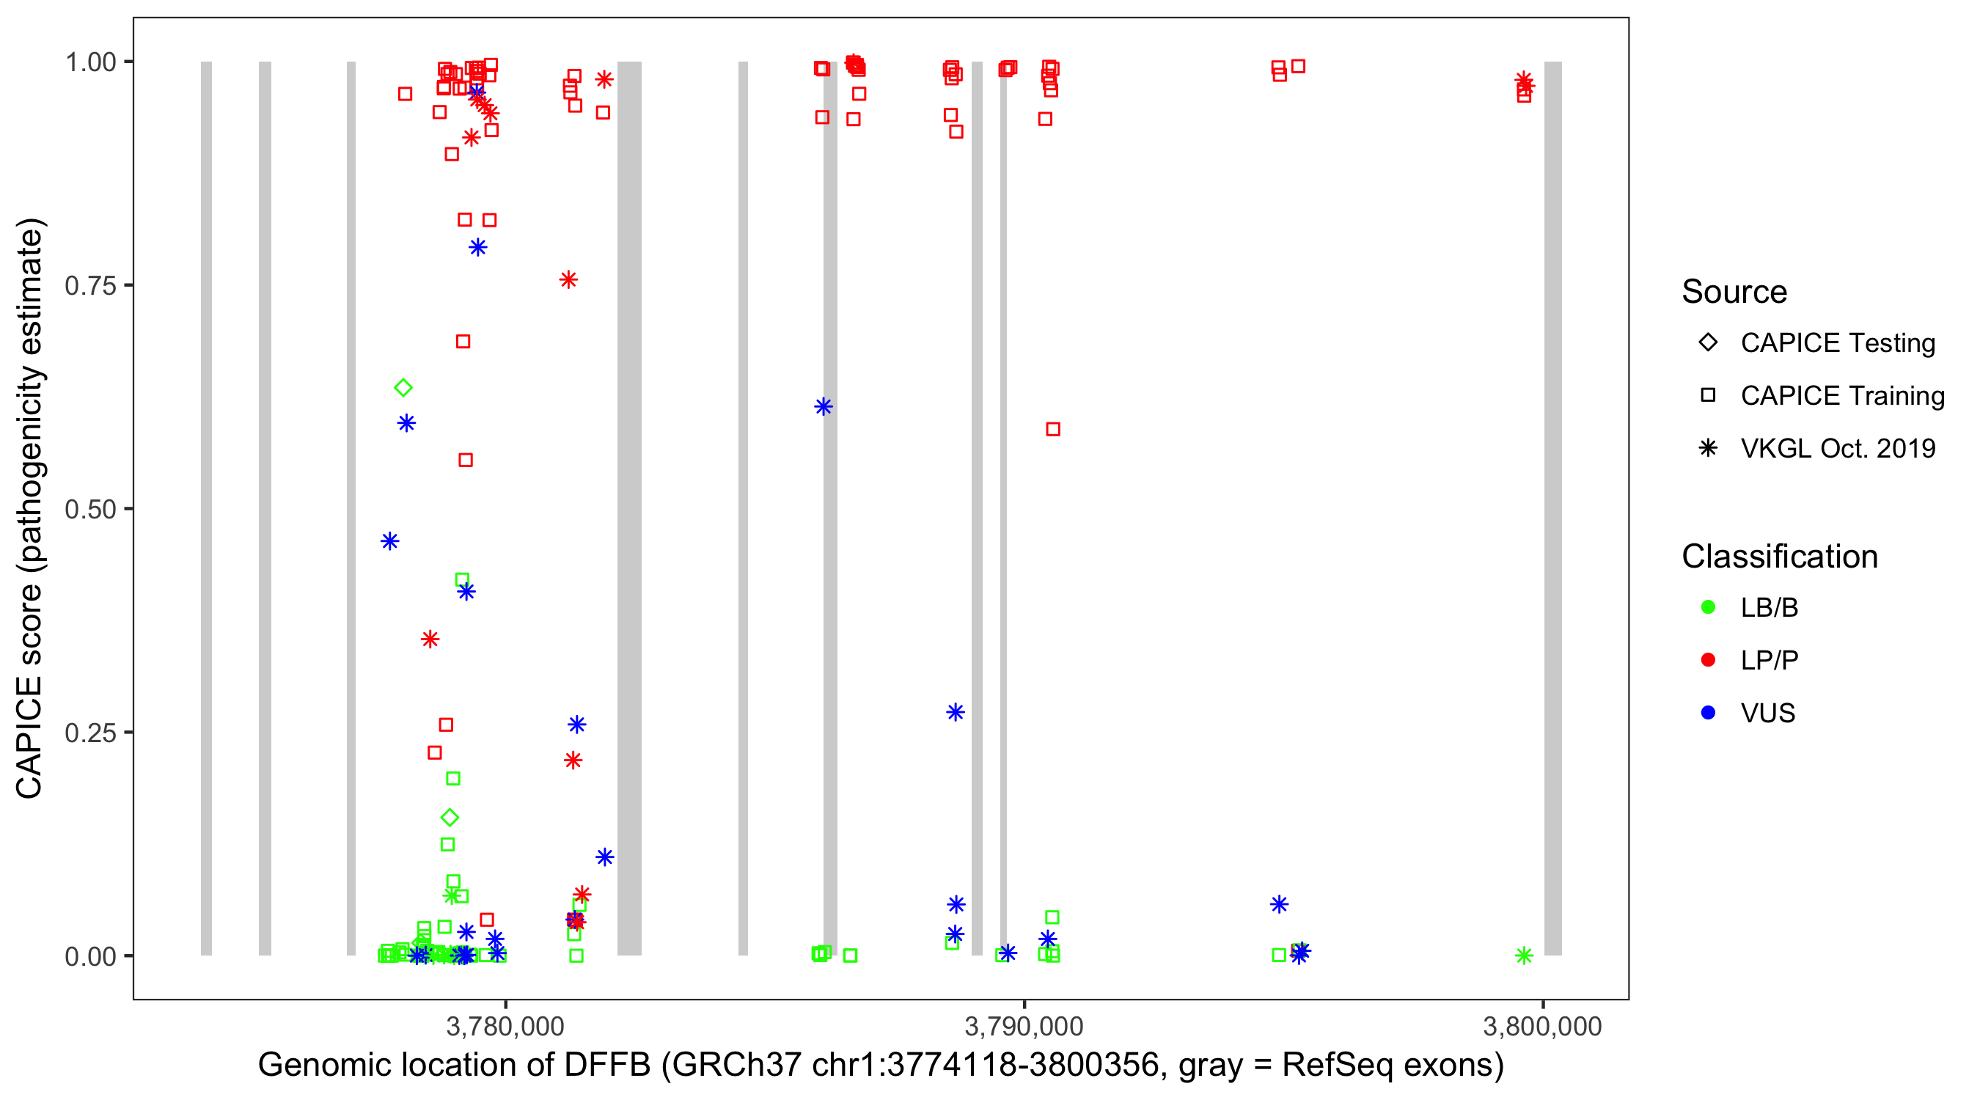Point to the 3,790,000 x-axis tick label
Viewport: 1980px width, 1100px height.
1024,1026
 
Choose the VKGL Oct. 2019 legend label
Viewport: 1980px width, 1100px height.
1837,448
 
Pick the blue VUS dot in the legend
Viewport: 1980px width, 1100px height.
1708,713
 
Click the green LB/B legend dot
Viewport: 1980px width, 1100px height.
1708,607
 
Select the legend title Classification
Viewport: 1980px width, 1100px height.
1779,557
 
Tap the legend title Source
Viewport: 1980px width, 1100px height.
1734,292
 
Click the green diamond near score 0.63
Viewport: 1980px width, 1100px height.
403,387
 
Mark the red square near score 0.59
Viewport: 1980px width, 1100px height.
1053,429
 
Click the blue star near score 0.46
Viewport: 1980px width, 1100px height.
389,541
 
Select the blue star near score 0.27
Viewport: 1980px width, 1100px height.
956,713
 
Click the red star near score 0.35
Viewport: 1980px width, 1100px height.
430,639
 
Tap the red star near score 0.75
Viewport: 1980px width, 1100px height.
569,280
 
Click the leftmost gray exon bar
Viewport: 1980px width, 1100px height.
206,507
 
